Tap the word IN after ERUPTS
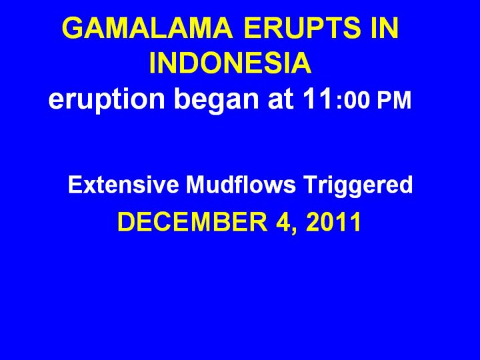[385, 27]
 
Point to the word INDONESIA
[230, 63]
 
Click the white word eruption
[106, 100]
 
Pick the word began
[218, 100]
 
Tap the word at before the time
[281, 99]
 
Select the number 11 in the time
[318, 98]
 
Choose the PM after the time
[394, 101]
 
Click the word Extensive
[123, 185]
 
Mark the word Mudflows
[241, 185]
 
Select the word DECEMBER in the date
[192, 222]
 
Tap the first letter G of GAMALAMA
[73, 27]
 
